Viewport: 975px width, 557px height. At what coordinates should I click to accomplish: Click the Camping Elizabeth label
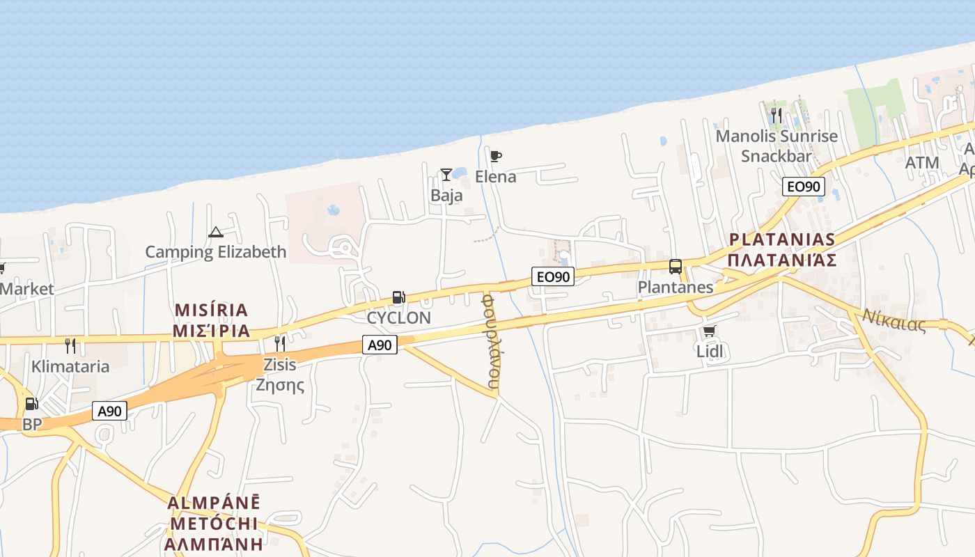[215, 251]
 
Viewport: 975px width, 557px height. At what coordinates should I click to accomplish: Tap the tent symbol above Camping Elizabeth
[215, 232]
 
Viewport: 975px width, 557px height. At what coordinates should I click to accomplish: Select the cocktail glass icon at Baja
[446, 174]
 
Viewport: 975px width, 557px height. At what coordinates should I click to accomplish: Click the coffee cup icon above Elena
[495, 156]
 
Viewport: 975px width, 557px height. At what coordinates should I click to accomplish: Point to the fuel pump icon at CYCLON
[398, 297]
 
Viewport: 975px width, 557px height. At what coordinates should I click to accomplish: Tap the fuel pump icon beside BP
[31, 404]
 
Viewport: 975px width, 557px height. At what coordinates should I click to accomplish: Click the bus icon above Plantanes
[675, 266]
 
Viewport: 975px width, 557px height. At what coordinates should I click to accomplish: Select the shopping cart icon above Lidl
[709, 331]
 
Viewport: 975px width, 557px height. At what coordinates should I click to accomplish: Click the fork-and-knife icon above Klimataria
[70, 345]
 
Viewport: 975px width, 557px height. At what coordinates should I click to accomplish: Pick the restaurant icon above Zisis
[279, 343]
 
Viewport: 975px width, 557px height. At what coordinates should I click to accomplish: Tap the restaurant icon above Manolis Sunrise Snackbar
[777, 115]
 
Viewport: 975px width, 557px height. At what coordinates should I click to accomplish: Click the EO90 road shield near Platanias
[803, 187]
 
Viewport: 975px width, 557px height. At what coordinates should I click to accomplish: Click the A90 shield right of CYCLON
[380, 344]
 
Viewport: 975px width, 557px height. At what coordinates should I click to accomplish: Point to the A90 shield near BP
[109, 411]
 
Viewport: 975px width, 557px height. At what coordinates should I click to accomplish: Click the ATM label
[922, 163]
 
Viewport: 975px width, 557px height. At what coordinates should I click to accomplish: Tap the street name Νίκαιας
[894, 320]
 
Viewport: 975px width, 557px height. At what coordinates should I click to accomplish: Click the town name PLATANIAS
[782, 240]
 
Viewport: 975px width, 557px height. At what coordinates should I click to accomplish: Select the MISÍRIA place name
[212, 310]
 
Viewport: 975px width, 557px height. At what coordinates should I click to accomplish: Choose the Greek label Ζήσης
[280, 384]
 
